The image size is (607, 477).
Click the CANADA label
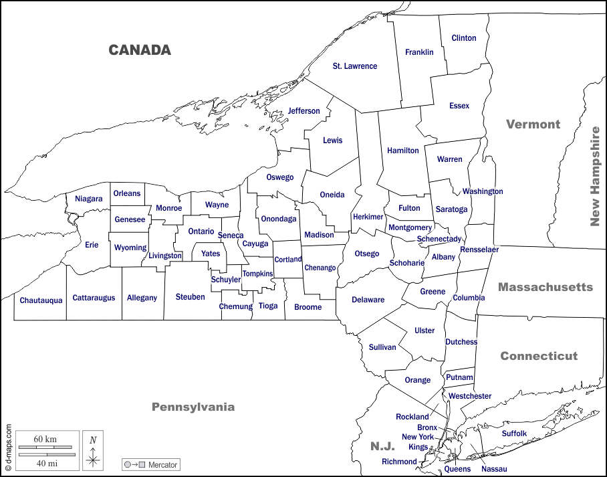tap(140, 50)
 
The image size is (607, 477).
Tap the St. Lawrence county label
tap(355, 66)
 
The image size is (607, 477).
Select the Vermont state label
tap(533, 124)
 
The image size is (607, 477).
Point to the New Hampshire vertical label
tap(594, 176)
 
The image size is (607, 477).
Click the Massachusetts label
tap(545, 287)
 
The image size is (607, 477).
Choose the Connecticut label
tap(539, 356)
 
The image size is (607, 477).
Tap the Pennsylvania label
tap(193, 407)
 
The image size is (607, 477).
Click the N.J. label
tap(382, 446)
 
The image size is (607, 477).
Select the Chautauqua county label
tap(41, 300)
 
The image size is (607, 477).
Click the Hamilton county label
tap(403, 151)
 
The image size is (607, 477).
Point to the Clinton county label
tap(464, 38)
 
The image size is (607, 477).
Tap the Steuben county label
tap(191, 297)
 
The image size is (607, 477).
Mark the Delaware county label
tap(368, 300)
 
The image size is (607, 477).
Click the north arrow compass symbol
tap(94, 451)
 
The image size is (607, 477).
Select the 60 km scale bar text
tap(45, 439)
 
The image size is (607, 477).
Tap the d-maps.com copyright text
tap(8, 449)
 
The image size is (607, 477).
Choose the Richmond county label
tap(399, 462)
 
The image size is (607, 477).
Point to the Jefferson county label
tap(304, 111)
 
